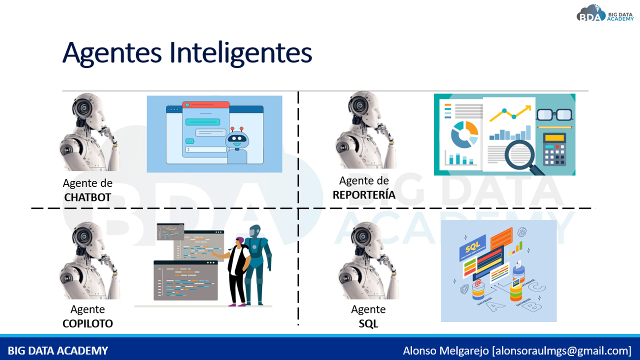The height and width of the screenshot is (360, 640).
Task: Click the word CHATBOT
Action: (x=87, y=197)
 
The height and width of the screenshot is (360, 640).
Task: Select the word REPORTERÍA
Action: (x=364, y=195)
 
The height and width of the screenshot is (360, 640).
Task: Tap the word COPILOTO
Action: (x=87, y=323)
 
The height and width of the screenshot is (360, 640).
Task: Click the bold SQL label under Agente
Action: (x=368, y=323)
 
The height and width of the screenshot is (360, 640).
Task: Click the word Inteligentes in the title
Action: (x=240, y=53)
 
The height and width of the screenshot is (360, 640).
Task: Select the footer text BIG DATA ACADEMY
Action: (x=57, y=350)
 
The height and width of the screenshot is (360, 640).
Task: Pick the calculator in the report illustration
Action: (x=554, y=149)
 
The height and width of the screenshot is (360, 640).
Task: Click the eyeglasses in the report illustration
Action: (x=554, y=115)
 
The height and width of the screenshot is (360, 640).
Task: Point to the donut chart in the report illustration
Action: (x=464, y=134)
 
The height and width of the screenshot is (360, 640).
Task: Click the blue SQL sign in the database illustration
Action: (x=472, y=247)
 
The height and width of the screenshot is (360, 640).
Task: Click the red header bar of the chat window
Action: (x=205, y=105)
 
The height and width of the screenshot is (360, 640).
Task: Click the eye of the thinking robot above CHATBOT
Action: (x=84, y=108)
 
